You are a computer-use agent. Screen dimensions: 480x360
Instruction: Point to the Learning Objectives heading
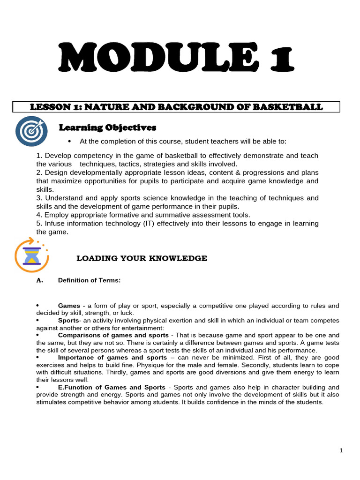[107, 127]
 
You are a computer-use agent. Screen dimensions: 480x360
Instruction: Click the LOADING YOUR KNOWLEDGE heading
[142, 258]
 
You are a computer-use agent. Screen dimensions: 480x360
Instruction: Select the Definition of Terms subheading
[89, 280]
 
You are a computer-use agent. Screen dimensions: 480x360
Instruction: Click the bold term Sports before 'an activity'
[68, 321]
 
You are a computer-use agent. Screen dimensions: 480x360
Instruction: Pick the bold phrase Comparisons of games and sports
[113, 335]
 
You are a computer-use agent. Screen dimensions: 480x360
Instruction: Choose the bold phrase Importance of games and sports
[111, 358]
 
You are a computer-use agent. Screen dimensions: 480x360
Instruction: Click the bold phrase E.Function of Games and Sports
[112, 387]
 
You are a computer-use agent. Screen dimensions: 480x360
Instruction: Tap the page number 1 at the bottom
[341, 451]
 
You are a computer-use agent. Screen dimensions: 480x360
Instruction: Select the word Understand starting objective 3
[65, 198]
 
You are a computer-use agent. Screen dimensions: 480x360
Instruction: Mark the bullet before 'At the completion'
[69, 142]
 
